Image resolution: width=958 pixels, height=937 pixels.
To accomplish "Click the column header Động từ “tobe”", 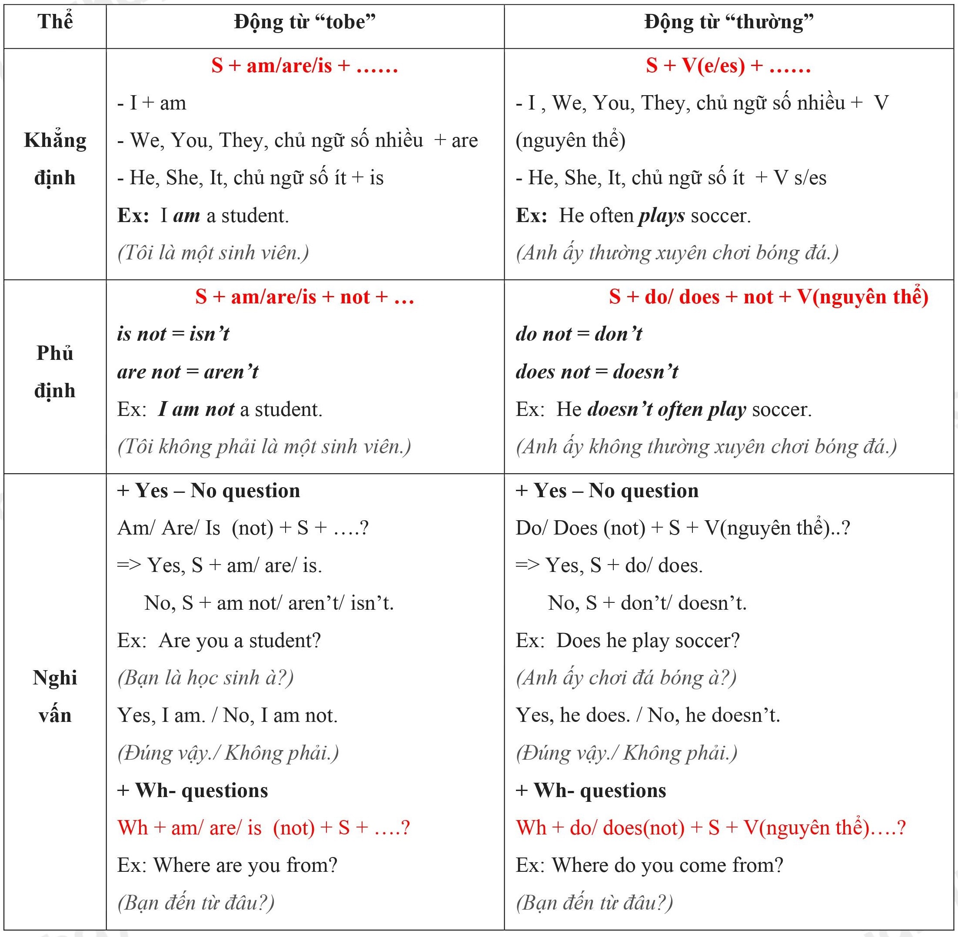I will [305, 22].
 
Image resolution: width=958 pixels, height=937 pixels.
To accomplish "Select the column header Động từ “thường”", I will [728, 22].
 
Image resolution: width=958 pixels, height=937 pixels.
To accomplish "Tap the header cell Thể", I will [55, 22].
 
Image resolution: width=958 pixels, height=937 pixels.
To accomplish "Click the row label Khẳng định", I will [55, 159].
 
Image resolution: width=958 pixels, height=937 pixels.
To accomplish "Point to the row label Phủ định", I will [55, 372].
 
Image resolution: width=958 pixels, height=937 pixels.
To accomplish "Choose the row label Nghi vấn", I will [55, 696].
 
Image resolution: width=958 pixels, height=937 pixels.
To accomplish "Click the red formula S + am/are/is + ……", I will [305, 66].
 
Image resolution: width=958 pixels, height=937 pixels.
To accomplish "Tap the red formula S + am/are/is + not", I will [305, 297].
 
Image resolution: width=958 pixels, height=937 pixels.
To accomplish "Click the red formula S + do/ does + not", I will [768, 297].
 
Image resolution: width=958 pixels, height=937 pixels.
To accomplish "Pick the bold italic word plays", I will [662, 216].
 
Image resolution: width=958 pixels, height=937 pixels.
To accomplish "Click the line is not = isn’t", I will [173, 334].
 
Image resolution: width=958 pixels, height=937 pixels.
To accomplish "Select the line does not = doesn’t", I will [597, 372].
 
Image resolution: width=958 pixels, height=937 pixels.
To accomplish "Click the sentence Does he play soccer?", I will [648, 640].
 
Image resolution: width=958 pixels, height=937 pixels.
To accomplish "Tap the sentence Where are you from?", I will [245, 865].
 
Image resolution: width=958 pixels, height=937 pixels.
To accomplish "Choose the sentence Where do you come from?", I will [667, 865].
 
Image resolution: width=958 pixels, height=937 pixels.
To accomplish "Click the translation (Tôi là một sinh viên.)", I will [213, 253].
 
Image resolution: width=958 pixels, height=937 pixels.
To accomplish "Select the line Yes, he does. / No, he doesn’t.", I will [648, 715].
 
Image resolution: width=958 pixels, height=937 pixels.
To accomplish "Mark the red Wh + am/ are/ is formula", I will [263, 827].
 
